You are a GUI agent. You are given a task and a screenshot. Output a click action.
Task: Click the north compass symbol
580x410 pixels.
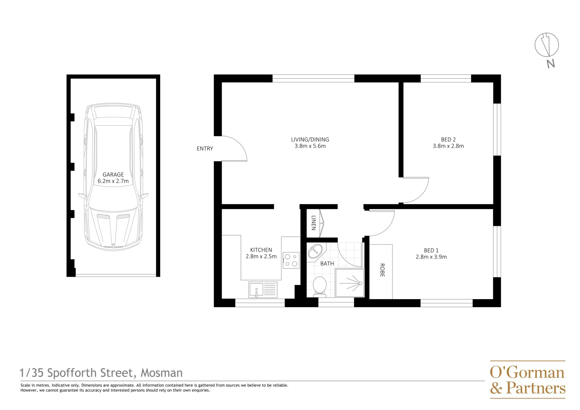coord(547,45)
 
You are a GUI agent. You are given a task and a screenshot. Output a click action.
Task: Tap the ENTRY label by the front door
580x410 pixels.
coord(205,149)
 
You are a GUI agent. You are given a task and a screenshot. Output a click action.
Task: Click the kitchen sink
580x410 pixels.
coord(263,290)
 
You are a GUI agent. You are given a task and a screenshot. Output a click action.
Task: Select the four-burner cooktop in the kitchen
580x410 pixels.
coord(291,260)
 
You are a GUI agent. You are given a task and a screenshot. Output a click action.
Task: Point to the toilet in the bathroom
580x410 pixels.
coord(320,286)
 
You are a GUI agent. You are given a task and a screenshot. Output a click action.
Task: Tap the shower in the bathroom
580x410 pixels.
coord(350,283)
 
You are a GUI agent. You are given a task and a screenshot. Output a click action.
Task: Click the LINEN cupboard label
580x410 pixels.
coord(314,223)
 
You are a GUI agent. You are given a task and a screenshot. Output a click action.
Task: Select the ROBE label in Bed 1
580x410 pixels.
coord(382,270)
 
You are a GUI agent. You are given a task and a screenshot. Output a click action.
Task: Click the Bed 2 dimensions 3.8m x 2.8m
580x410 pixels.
coord(448,146)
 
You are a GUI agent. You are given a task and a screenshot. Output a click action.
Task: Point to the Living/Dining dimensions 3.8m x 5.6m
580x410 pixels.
coord(310,146)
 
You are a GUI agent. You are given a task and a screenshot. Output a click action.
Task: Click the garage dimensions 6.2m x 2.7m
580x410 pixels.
coord(113,181)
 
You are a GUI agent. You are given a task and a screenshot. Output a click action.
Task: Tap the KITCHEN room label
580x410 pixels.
coord(261,250)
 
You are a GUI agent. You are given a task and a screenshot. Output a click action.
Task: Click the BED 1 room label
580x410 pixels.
coord(431,251)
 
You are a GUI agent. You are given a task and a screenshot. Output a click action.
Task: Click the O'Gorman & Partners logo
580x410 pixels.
coord(527,380)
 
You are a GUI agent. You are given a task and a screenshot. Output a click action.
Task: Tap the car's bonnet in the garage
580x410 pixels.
coord(113,228)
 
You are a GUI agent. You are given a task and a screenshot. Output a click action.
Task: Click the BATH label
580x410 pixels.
coord(327,263)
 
